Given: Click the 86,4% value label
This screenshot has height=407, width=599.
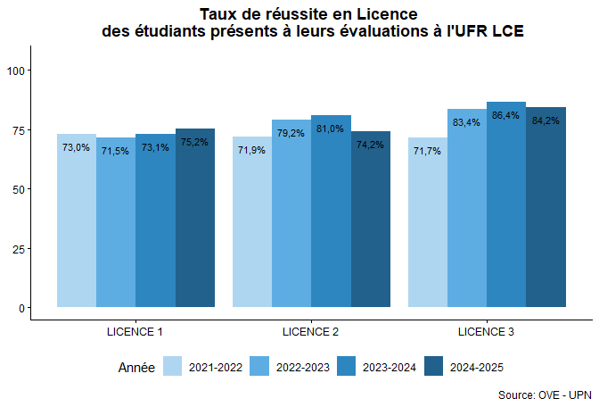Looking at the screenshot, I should point(506,115).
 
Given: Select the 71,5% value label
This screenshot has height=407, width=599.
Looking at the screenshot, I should point(116,151).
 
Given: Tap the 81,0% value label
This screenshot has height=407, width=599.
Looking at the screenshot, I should point(330,129).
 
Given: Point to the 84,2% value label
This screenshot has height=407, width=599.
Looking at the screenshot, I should point(546,120).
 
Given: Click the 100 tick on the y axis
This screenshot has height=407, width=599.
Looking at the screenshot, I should point(17,71).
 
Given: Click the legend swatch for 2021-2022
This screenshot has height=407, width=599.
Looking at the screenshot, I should point(173,367).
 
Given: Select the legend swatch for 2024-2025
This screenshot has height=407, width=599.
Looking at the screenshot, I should point(434,367).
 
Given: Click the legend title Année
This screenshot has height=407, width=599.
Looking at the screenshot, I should point(136,367).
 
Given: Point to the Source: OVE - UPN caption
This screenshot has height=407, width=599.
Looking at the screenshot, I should point(544,394).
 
